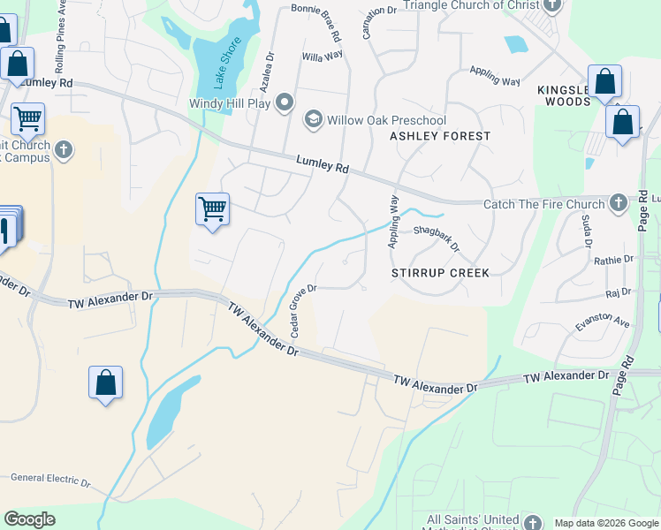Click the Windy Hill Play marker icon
pyautogui.click(x=285, y=103)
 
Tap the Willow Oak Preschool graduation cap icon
pyautogui.click(x=313, y=119)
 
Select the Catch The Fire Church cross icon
pyautogui.click(x=618, y=203)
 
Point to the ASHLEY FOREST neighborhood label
pyautogui.click(x=440, y=136)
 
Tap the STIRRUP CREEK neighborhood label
pyautogui.click(x=440, y=273)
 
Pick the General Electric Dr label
pyautogui.click(x=50, y=481)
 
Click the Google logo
pyautogui.click(x=29, y=519)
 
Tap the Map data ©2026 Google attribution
pyautogui.click(x=605, y=523)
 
